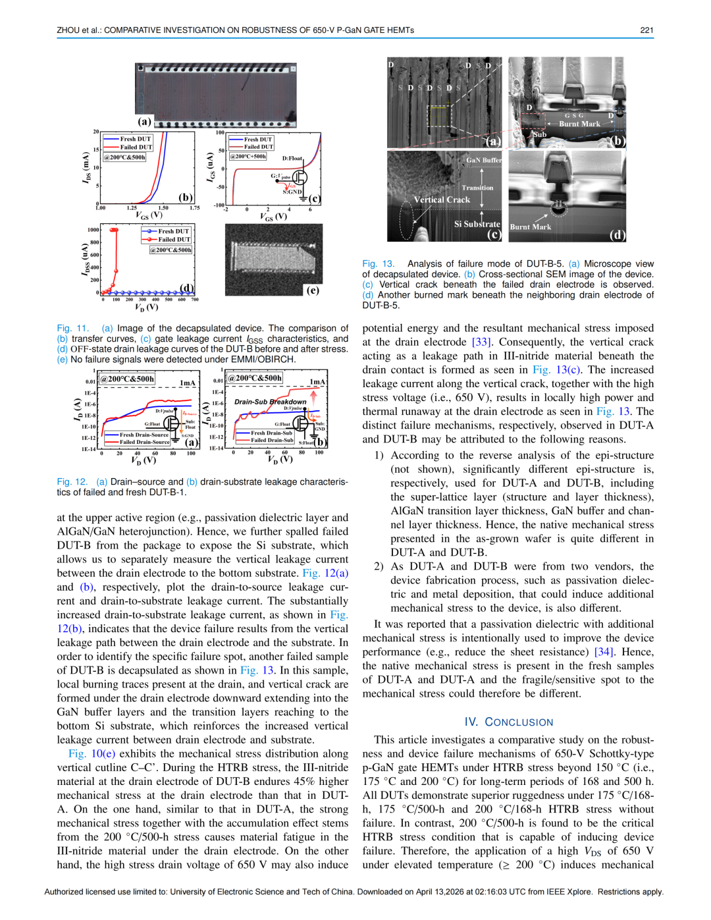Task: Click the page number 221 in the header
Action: [x=646, y=30]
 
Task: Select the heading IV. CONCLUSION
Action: [x=508, y=722]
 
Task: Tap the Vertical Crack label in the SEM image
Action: [x=442, y=200]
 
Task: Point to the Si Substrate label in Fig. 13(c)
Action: [x=477, y=224]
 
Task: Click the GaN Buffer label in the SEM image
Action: [x=483, y=160]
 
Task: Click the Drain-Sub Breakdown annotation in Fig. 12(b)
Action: [x=270, y=402]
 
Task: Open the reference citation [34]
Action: [x=604, y=652]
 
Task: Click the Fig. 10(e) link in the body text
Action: [x=92, y=754]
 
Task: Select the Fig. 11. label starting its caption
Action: [x=72, y=329]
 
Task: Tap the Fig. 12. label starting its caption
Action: [x=72, y=482]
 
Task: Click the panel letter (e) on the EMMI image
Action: [x=313, y=290]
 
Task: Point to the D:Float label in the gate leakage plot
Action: [x=292, y=159]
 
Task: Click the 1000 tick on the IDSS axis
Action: [x=93, y=230]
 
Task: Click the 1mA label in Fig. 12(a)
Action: [x=187, y=383]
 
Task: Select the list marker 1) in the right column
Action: [x=379, y=456]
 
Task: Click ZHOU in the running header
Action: [x=68, y=30]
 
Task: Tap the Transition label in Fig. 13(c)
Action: [x=477, y=188]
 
